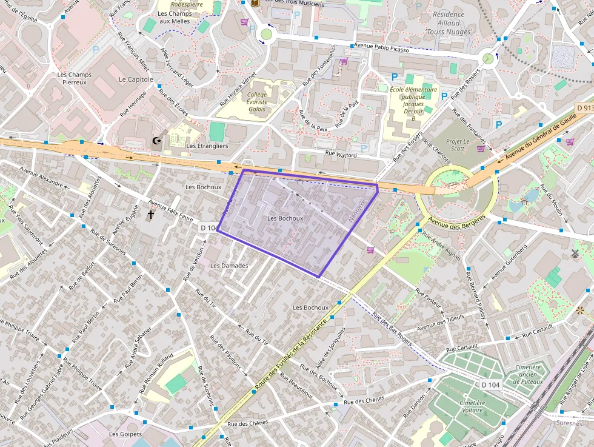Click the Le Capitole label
tap(136, 79)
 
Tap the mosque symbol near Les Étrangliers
tap(157, 142)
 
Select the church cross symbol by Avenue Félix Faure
tap(151, 214)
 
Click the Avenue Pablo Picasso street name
tap(381, 47)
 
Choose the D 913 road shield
tap(584, 107)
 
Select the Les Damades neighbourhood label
tap(229, 266)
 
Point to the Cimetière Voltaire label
tap(472, 406)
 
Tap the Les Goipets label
tap(125, 434)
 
